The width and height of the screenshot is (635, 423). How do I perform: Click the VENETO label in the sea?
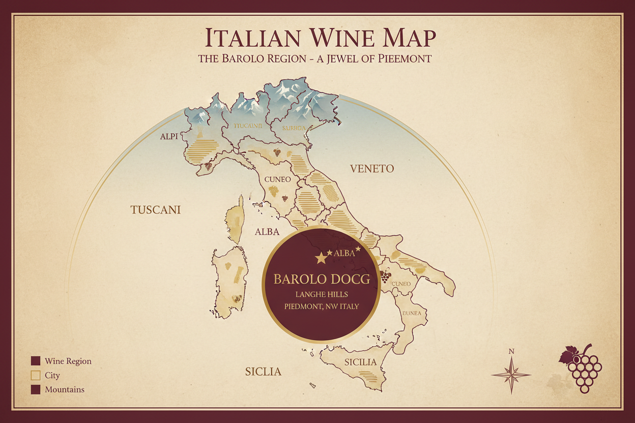point(372,169)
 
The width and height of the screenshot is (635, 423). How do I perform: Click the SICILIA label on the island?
point(360,362)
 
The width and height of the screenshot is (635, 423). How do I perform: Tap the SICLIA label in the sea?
point(263,372)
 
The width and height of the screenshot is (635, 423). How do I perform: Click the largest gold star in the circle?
point(321,258)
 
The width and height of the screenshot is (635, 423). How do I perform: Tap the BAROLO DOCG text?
point(321,279)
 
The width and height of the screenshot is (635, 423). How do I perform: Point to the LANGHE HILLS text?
point(321,294)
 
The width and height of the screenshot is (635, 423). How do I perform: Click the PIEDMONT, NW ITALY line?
point(321,307)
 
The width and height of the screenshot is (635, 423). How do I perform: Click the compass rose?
point(511,375)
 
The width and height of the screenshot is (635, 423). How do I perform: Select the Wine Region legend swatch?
point(36,361)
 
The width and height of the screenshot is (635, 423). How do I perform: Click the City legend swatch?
point(36,376)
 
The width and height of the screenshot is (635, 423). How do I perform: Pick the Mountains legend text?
point(65,390)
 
